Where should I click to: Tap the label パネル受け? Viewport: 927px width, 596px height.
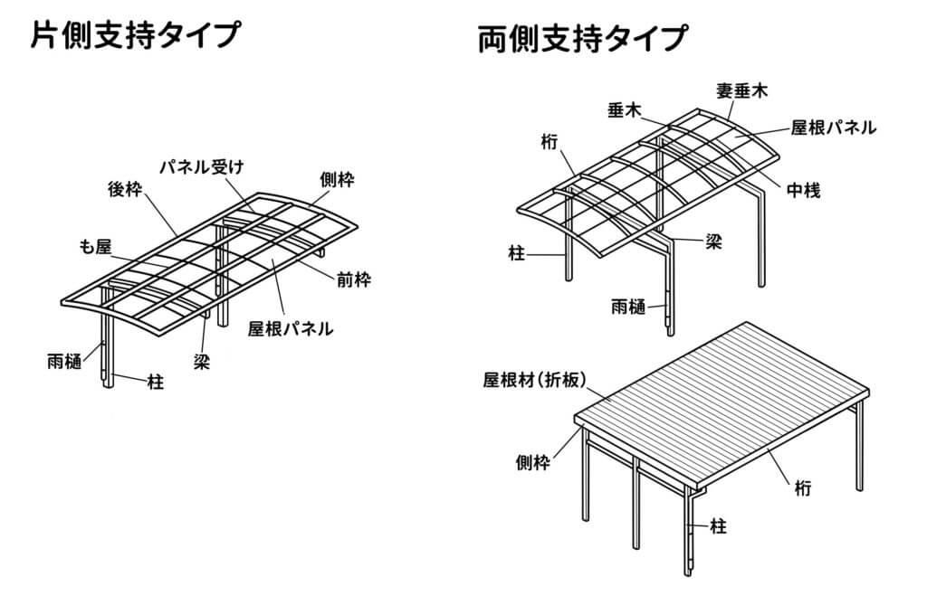[x=203, y=166]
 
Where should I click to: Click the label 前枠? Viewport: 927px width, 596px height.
[x=353, y=279]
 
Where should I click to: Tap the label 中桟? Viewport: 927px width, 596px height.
[x=803, y=191]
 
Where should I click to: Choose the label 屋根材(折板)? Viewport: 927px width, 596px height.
[x=538, y=381]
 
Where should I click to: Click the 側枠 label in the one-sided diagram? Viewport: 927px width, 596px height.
[x=337, y=179]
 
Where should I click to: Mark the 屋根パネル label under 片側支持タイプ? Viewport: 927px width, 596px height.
[x=291, y=328]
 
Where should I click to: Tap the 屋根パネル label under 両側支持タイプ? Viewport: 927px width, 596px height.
[x=833, y=128]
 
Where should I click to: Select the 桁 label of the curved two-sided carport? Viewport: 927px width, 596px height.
[x=548, y=141]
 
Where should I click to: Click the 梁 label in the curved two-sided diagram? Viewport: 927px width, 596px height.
[x=713, y=242]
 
